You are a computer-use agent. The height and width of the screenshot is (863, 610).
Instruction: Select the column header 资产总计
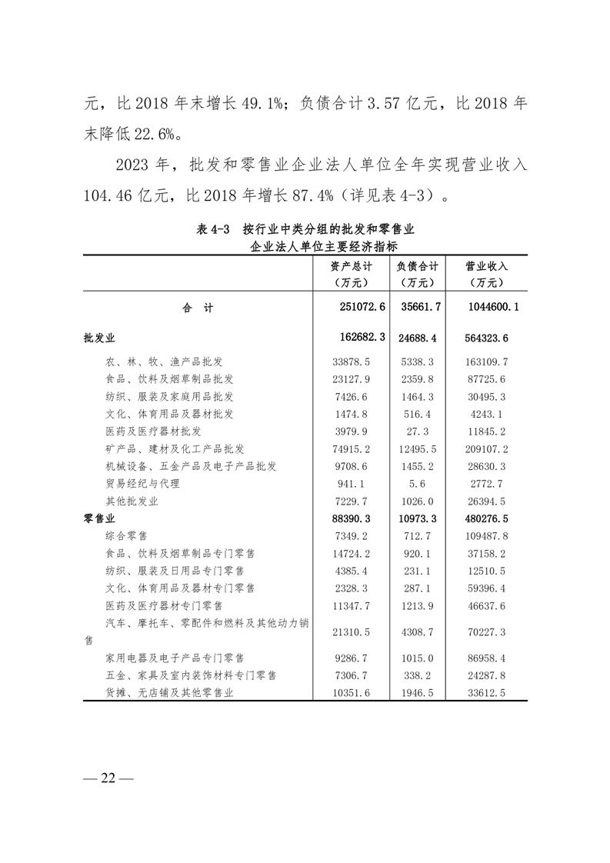tap(352, 265)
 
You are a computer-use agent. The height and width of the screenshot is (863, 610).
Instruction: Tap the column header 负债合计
tap(418, 265)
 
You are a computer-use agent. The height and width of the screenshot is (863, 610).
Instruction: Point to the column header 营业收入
tap(487, 265)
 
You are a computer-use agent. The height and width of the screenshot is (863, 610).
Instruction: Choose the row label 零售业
tap(100, 518)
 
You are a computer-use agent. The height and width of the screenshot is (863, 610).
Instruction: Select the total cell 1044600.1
tap(490, 308)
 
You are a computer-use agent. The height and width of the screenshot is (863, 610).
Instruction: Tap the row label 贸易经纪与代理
tap(142, 483)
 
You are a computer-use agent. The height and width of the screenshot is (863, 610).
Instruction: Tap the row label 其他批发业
tap(132, 501)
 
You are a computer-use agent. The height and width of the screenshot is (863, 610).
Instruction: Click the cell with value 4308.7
tap(418, 631)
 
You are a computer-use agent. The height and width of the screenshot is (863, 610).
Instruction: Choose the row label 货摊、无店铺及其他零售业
tap(168, 693)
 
